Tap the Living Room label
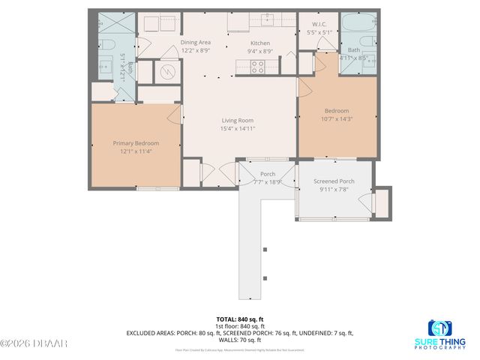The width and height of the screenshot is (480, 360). [237, 120]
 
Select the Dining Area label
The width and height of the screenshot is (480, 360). [196, 43]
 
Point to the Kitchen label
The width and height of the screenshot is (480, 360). [260, 43]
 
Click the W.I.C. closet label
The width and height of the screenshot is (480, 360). [318, 24]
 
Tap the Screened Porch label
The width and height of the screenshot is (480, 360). [334, 181]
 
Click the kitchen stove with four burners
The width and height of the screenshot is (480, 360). [256, 65]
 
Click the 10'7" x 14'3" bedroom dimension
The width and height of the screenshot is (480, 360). [337, 118]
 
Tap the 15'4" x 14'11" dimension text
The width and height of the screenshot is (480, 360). [237, 129]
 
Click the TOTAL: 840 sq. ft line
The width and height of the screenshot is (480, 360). [240, 319]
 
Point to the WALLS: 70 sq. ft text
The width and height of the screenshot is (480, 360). [240, 340]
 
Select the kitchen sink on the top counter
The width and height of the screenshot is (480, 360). [268, 19]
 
